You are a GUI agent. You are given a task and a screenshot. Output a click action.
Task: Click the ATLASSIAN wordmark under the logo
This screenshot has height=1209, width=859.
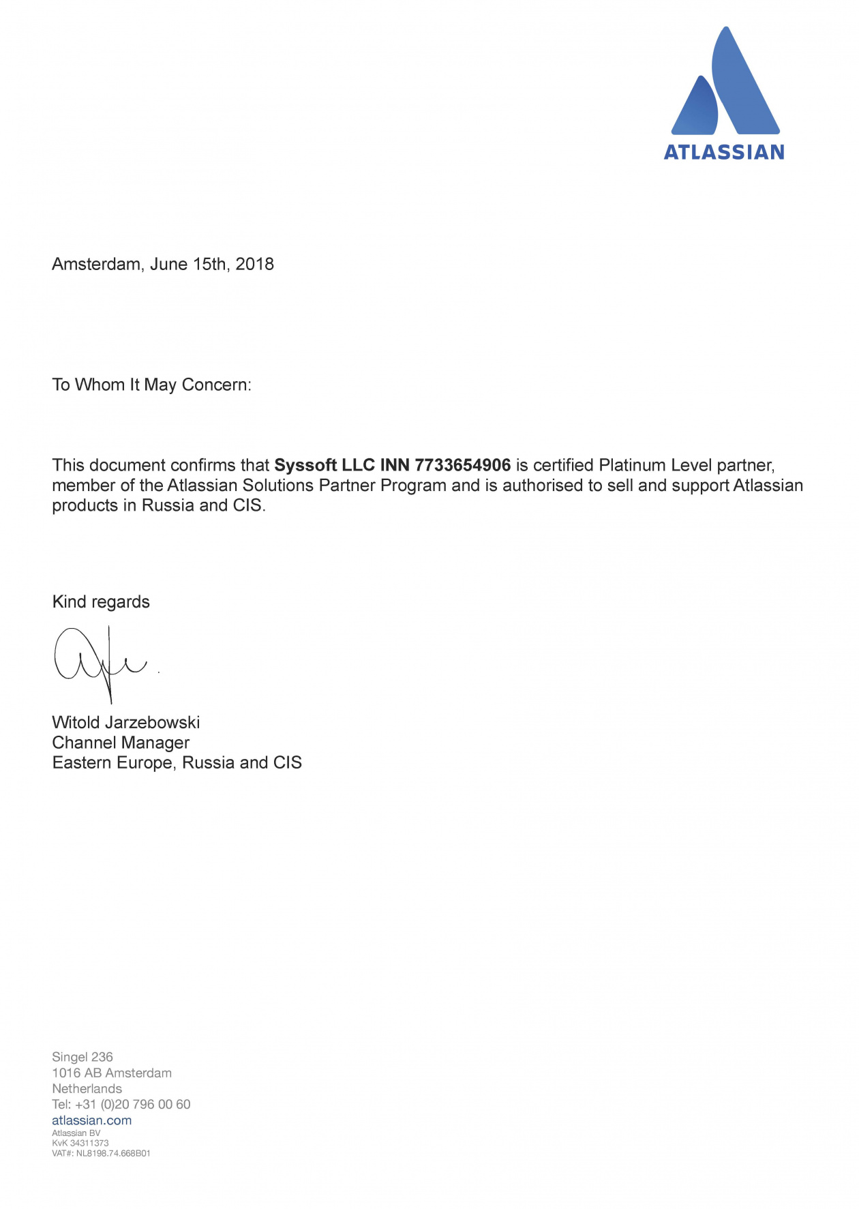pyautogui.click(x=724, y=152)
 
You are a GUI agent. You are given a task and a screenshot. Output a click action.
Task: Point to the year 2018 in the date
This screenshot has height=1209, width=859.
pyautogui.click(x=254, y=265)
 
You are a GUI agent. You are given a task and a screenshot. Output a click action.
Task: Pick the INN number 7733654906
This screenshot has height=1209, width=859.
pyautogui.click(x=462, y=466)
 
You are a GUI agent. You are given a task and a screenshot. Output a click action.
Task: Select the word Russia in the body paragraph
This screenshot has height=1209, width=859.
pyautogui.click(x=168, y=506)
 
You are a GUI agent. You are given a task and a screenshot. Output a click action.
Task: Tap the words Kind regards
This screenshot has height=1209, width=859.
pyautogui.click(x=101, y=602)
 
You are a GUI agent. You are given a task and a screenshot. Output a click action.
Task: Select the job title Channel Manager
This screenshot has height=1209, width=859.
pyautogui.click(x=121, y=743)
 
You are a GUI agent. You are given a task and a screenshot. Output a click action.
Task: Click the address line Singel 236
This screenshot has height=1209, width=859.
pyautogui.click(x=82, y=1057)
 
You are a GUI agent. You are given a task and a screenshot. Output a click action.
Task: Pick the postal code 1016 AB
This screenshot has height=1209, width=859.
pyautogui.click(x=76, y=1073)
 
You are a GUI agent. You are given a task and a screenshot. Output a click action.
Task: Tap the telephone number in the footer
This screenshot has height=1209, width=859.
pyautogui.click(x=133, y=1105)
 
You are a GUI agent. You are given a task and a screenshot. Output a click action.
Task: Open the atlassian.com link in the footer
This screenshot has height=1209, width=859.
pyautogui.click(x=92, y=1120)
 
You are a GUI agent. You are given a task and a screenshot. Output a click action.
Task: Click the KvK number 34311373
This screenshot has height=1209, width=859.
pyautogui.click(x=89, y=1143)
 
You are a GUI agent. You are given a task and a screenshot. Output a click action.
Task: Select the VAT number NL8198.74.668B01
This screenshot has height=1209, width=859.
pyautogui.click(x=113, y=1153)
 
